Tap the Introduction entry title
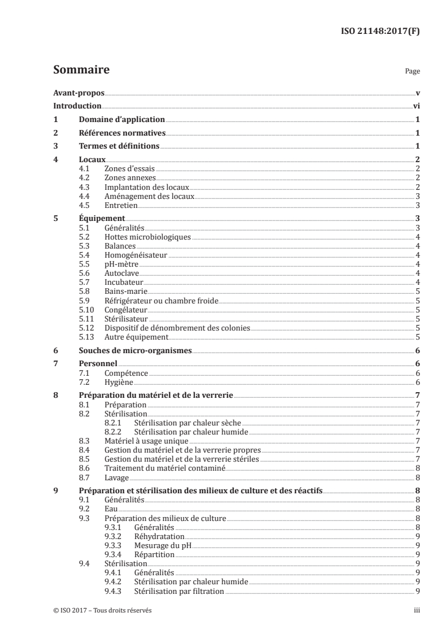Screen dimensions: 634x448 click(77, 106)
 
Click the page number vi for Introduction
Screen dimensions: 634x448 click(416, 106)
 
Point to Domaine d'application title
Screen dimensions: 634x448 click(122, 119)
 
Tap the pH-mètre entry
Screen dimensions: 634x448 click(121, 264)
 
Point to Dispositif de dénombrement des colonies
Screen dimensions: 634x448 click(177, 328)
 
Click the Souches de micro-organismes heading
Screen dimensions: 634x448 click(136, 350)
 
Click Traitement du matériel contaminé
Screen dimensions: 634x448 click(165, 468)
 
